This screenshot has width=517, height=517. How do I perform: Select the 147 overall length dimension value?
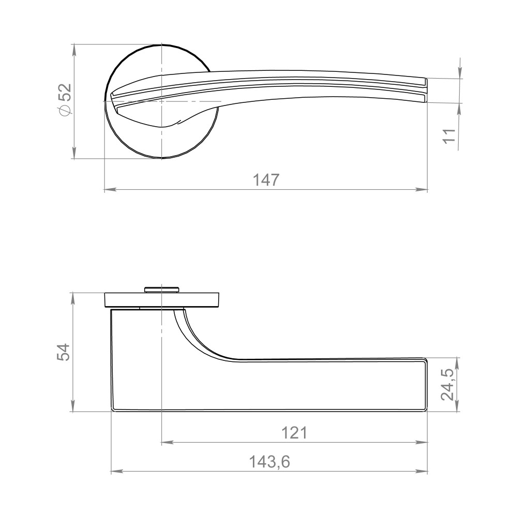tap(266, 180)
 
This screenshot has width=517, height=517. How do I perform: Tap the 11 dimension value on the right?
tap(449, 135)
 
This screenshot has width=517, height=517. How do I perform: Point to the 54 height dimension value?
tap(63, 352)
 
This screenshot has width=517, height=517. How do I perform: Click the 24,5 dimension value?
tap(448, 385)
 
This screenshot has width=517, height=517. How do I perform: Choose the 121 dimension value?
tap(295, 433)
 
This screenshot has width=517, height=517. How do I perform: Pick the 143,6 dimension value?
tap(269, 462)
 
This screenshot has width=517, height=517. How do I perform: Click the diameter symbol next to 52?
tap(65, 110)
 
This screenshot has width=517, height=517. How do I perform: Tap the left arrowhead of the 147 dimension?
tap(110, 190)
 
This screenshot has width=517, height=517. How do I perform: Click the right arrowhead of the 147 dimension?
tap(422, 190)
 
